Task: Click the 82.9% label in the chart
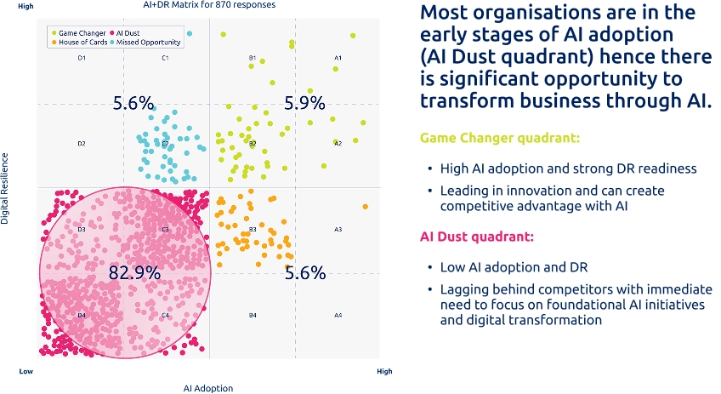pos(134,273)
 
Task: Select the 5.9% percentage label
pos(305,103)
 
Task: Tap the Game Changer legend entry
pos(80,33)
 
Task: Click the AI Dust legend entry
pos(129,33)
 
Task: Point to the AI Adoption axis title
pos(208,388)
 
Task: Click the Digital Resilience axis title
pos(5,189)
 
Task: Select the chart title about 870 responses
pos(208,5)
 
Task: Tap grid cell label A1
pos(338,58)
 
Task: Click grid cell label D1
pos(82,58)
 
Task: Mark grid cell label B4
pos(253,316)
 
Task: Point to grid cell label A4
pos(338,316)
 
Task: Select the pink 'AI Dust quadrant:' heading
pos(481,237)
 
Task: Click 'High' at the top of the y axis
pos(26,6)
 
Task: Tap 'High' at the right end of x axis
pos(385,371)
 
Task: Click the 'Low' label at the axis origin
pos(26,371)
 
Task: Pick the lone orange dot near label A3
pos(366,207)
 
